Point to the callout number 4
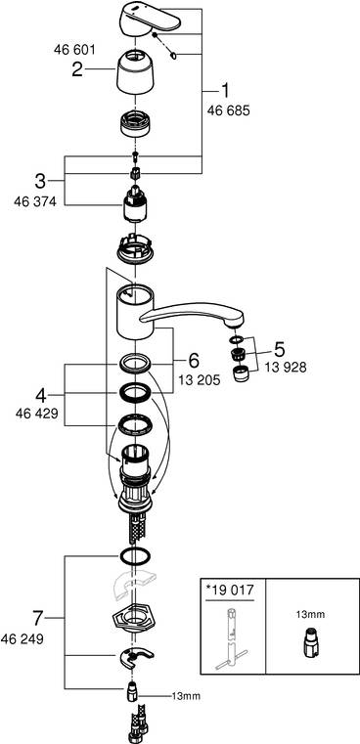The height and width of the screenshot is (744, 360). coord(39,395)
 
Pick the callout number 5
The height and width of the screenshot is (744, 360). coord(280,347)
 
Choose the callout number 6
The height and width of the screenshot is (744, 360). coord(194,360)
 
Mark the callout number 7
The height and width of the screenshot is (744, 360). coord(38,618)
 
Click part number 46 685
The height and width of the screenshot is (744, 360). coord(230,112)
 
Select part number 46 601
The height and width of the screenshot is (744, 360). coord(69,46)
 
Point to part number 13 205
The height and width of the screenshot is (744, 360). coord(201,382)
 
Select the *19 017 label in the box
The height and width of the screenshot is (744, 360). coord(229,591)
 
